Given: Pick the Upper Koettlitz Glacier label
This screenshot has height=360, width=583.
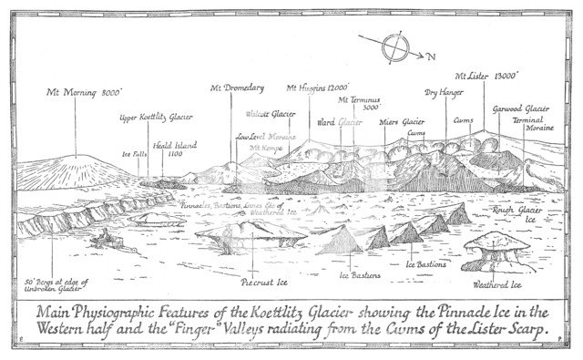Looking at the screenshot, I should coord(156,118).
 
